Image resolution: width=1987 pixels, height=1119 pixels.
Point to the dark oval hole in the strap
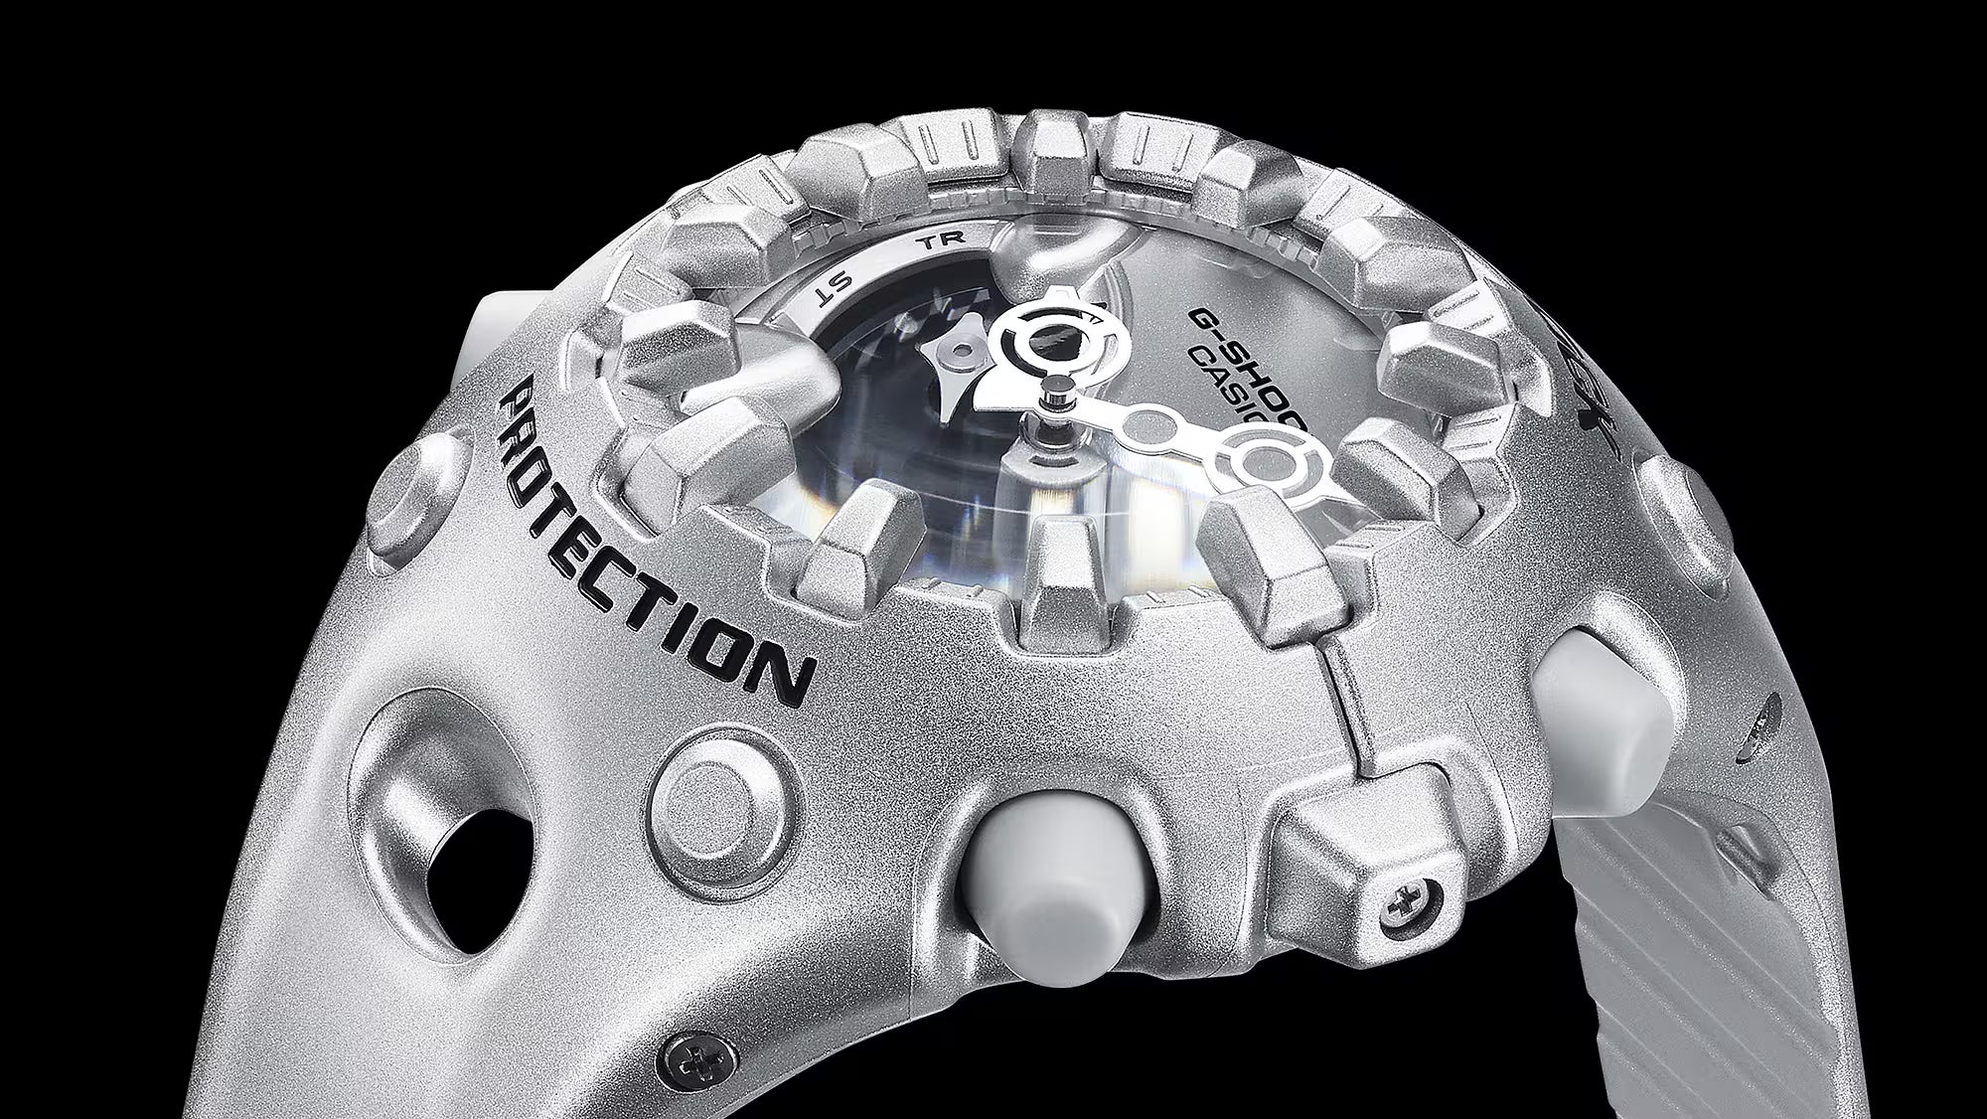coord(468,856)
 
